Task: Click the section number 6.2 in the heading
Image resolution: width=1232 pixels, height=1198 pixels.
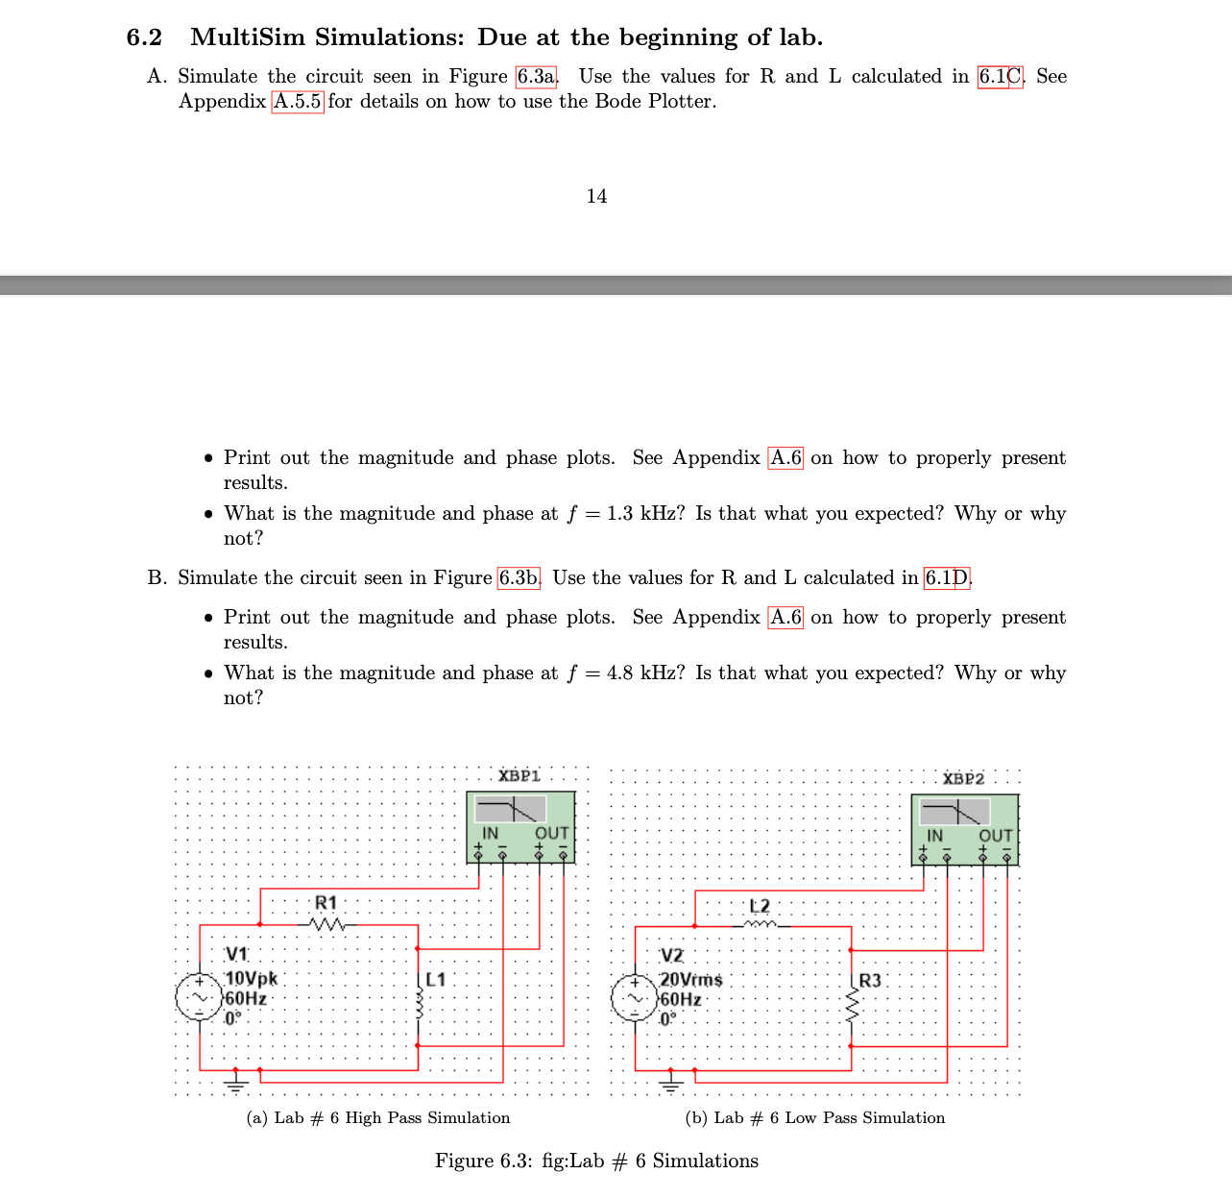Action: click(144, 37)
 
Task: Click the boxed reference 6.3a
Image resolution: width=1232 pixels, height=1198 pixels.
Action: click(537, 77)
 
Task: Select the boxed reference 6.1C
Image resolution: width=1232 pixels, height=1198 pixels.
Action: click(1002, 77)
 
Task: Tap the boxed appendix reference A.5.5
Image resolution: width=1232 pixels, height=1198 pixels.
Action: click(298, 102)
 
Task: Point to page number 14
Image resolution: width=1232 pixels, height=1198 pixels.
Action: click(596, 196)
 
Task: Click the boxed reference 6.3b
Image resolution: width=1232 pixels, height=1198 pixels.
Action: click(519, 578)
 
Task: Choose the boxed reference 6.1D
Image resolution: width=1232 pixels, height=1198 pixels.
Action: click(947, 578)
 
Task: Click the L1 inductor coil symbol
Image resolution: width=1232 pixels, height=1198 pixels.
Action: click(418, 1008)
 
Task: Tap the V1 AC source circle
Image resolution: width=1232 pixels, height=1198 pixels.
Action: click(200, 998)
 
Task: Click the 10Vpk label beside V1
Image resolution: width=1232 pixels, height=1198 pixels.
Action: click(251, 979)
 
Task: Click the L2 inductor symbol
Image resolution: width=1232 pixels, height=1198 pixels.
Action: click(759, 925)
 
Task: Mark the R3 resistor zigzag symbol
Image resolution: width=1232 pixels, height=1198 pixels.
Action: click(851, 1008)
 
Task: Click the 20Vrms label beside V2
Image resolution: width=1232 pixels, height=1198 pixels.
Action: click(691, 980)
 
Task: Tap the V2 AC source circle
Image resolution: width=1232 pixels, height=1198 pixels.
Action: click(636, 999)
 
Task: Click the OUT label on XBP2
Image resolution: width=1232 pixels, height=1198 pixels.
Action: click(996, 836)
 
